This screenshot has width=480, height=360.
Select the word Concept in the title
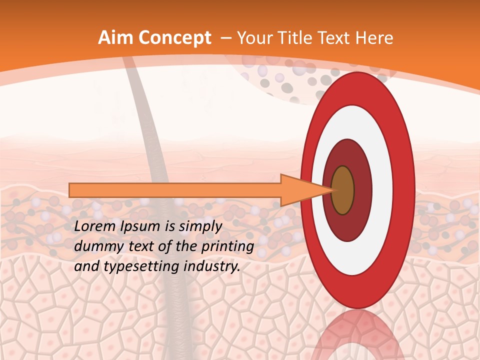click(x=174, y=38)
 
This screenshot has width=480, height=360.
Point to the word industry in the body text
click(x=211, y=266)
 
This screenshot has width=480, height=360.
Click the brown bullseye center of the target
click(x=343, y=190)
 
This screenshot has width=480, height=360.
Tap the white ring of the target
click(x=382, y=190)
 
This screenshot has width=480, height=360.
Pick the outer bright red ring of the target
click(x=406, y=190)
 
